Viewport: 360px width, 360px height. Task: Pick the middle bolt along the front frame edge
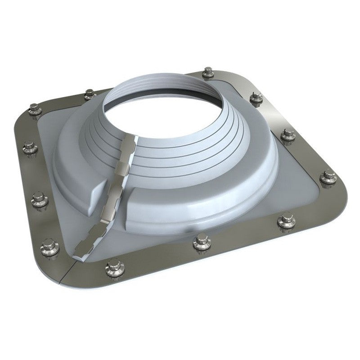(198, 243)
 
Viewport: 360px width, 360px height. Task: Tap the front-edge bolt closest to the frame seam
(112, 269)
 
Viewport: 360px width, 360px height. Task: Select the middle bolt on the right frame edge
(287, 135)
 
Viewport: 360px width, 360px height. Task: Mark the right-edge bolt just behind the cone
(256, 97)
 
